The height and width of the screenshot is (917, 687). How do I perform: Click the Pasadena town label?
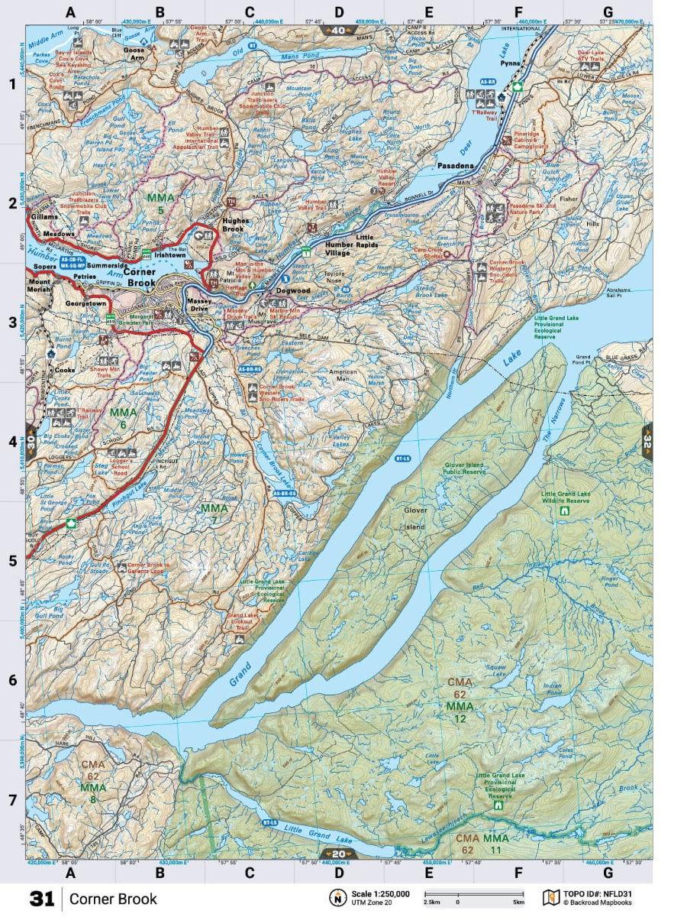click(456, 165)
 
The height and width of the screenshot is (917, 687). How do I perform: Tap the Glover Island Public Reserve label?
click(475, 468)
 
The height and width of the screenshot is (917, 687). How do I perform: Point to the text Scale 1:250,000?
click(380, 893)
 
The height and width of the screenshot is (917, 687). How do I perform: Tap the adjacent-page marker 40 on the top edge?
click(338, 31)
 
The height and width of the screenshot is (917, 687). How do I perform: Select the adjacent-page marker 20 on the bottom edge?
click(337, 854)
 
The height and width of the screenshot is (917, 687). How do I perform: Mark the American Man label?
click(343, 374)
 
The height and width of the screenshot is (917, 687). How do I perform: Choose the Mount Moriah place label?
click(39, 286)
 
